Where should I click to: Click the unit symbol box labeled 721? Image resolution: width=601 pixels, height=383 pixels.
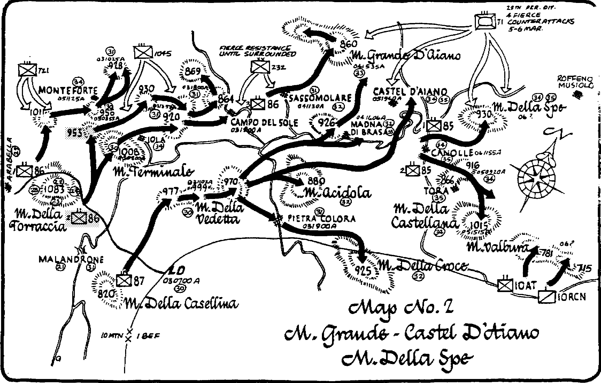(28, 70)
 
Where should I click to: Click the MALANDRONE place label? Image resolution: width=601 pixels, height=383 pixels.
(71, 259)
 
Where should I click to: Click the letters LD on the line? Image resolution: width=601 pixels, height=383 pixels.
(176, 271)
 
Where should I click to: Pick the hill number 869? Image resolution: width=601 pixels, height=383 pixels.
(193, 71)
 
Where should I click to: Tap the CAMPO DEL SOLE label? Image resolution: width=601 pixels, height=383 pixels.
(264, 123)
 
